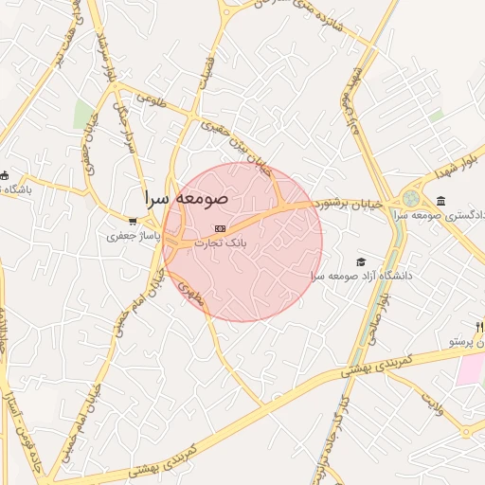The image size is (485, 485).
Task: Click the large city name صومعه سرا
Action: click(x=187, y=200)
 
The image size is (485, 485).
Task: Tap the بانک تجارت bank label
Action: click(x=220, y=243)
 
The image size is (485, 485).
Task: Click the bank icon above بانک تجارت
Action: click(x=221, y=228)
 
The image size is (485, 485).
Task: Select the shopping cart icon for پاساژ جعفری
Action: click(x=133, y=221)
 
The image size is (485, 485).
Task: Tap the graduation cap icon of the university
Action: click(x=360, y=261)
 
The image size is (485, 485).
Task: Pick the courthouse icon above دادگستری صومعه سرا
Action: click(x=441, y=200)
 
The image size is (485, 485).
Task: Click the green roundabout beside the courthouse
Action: click(x=411, y=199)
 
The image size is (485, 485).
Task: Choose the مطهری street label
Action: click(x=189, y=288)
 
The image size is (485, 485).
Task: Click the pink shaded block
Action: click(x=470, y=369)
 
